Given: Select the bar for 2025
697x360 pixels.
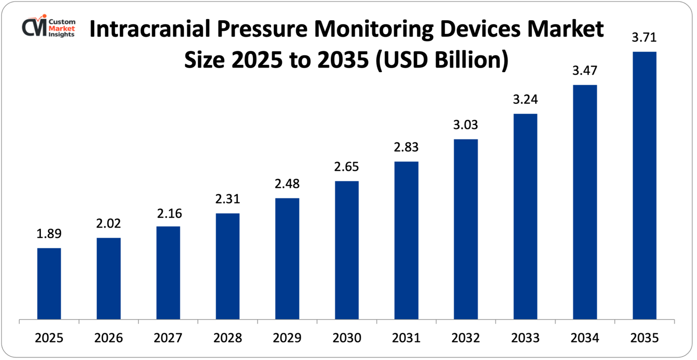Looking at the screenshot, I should (49, 283).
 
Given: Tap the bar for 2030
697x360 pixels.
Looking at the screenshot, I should (346, 250).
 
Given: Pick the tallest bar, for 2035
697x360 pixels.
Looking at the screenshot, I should (644, 185).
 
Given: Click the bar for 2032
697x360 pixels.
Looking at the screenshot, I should (466, 229).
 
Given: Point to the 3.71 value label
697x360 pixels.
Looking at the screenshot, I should (644, 38).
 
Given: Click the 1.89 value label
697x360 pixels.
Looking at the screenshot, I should (49, 234).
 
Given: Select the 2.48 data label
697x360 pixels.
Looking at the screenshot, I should (287, 184).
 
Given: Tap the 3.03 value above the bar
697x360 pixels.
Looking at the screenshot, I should (466, 125).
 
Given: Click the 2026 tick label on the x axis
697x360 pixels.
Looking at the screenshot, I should (108, 338).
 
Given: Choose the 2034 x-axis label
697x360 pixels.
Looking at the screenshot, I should (585, 338).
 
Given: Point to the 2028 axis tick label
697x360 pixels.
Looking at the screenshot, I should (228, 338).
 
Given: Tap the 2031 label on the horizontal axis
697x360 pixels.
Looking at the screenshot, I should (406, 338).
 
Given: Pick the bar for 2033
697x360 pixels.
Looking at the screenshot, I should (525, 217).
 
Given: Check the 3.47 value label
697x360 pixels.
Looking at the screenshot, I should (585, 71).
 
